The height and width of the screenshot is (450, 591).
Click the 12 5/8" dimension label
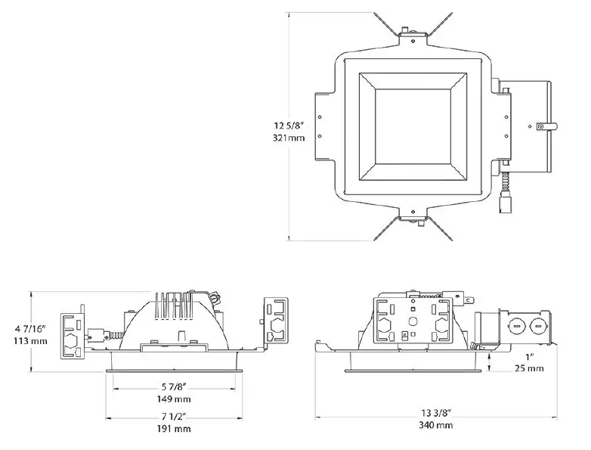tap(291, 126)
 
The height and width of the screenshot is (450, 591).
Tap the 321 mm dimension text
tap(291, 138)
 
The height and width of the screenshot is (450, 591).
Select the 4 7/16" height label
tap(30, 329)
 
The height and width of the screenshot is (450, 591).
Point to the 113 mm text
tap(30, 342)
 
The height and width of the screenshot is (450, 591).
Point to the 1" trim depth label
tap(529, 355)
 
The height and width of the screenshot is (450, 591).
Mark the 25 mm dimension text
tap(529, 368)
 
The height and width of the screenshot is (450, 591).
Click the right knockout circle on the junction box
tap(538, 329)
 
